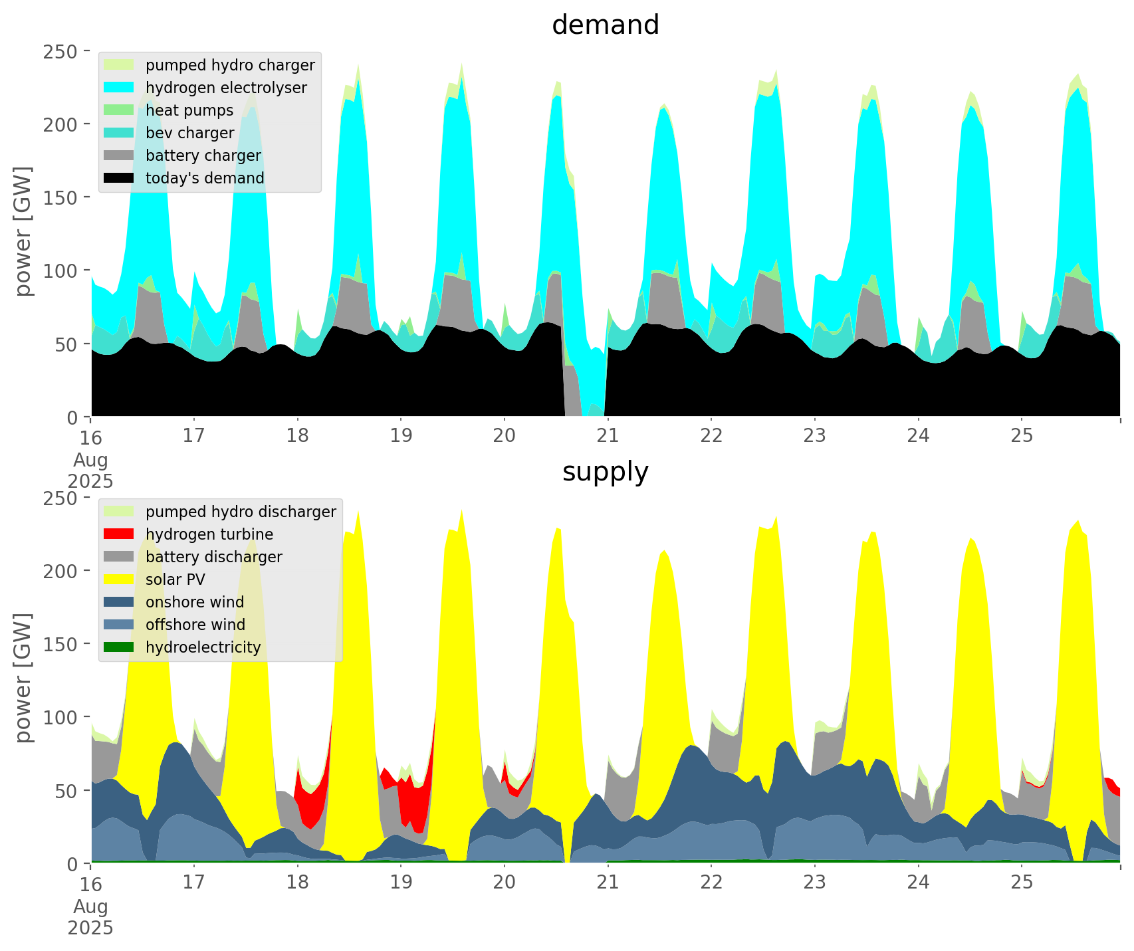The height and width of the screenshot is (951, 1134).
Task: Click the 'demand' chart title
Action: pos(605,25)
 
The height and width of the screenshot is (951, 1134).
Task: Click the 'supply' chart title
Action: pos(605,472)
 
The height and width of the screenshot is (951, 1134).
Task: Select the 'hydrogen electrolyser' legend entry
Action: pos(226,88)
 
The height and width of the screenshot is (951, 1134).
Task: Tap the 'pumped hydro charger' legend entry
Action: pos(230,65)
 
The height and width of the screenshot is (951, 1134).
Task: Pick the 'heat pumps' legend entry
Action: pos(189,110)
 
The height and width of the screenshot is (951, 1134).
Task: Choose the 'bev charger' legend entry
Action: pos(190,133)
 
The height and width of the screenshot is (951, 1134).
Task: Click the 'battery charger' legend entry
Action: pos(203,156)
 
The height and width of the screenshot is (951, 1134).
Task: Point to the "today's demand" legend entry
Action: pos(205,178)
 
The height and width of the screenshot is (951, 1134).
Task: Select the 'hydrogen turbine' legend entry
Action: pos(209,534)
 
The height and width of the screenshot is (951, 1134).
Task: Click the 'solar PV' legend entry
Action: pos(175,580)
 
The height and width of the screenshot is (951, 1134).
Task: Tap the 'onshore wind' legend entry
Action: pos(195,602)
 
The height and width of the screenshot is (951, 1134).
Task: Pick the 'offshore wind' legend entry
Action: pos(195,625)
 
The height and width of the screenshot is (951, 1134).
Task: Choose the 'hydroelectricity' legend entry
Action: pos(203,647)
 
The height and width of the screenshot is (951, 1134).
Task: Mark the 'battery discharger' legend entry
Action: pos(214,557)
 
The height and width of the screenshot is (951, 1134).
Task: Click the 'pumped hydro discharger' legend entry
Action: pos(241,512)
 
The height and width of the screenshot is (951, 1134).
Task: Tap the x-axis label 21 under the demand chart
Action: pos(608,436)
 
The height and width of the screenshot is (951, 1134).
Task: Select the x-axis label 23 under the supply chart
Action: pos(814,883)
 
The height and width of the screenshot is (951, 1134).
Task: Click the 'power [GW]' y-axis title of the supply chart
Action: pos(24,678)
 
